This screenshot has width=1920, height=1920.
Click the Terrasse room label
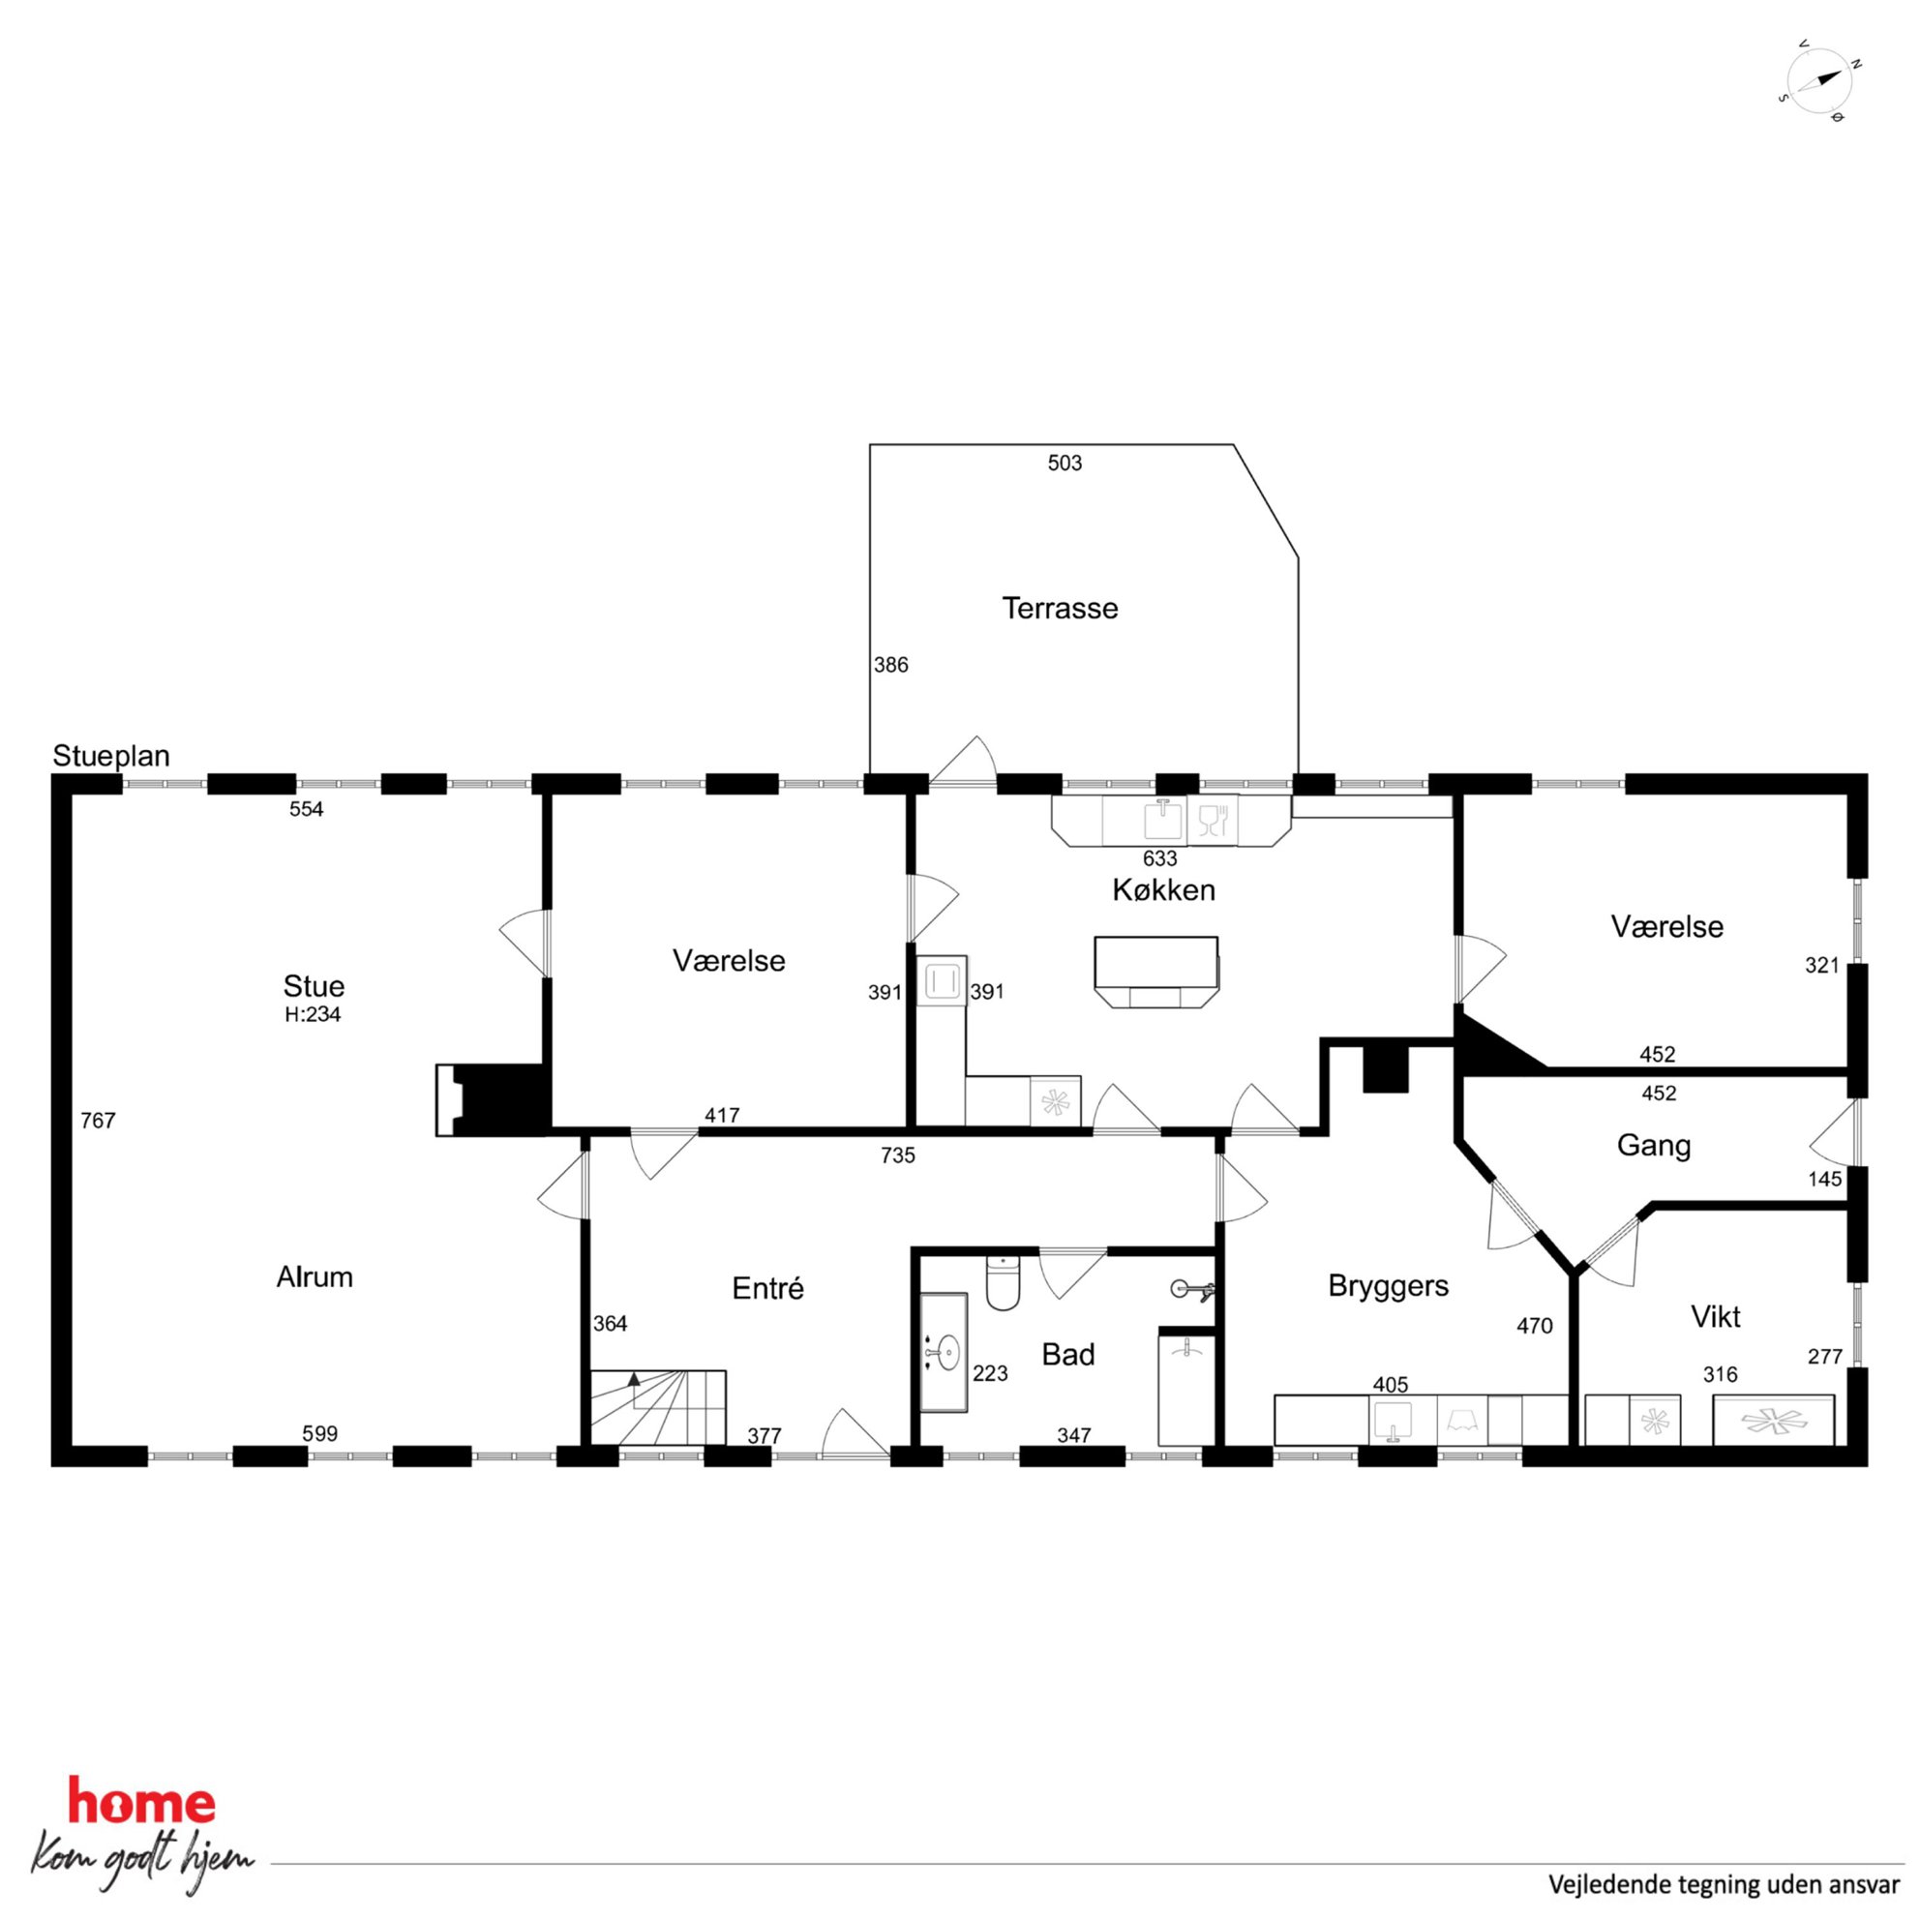[1060, 608]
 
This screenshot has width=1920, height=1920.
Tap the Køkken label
[1164, 890]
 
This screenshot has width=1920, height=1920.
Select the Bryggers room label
[1389, 1287]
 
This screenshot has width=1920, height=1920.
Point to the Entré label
[767, 1289]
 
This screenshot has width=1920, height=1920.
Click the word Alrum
[315, 1277]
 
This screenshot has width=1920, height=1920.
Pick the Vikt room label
[1715, 1318]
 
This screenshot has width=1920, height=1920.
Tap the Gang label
[1654, 1146]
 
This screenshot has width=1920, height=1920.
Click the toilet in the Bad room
[1003, 1283]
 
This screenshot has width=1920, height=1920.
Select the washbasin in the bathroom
[945, 1353]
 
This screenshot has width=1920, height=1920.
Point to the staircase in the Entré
[658, 1407]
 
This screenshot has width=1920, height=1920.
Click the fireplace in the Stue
[492, 1100]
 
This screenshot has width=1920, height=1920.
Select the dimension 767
[98, 1121]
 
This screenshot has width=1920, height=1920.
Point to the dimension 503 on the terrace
[1065, 464]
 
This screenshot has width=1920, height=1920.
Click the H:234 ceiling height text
[313, 1014]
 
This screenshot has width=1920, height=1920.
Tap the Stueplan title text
[111, 756]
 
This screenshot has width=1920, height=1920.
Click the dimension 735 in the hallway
[897, 1155]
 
